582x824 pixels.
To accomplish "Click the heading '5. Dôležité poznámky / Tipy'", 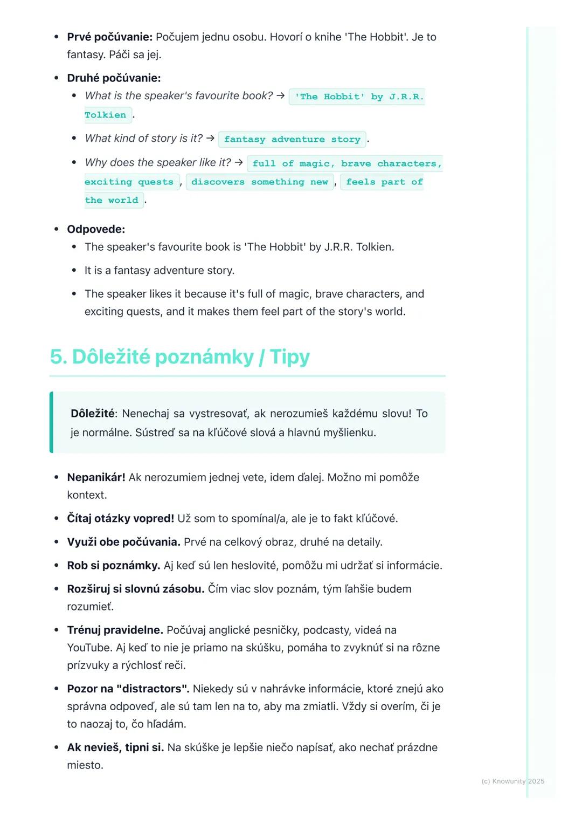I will pos(180,357).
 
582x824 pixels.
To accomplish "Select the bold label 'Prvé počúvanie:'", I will pos(109,37).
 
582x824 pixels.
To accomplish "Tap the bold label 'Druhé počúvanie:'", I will pos(114,78).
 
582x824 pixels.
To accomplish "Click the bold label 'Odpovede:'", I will pos(96,229).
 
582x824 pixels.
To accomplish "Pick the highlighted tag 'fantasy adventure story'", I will pos(292,139).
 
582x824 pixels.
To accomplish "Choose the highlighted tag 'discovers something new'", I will pos(260,182).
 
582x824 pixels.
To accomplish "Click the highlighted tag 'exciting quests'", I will pos(129,182).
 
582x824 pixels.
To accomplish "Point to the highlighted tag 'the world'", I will pos(112,201).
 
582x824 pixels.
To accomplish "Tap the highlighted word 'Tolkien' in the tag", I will pos(106,115).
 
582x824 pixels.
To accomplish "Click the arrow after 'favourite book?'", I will pos(280,95).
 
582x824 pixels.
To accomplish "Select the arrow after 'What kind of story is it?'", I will pos(210,138).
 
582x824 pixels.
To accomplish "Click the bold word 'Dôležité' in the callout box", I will pos(92,414).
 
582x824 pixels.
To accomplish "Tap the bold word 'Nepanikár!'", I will pos(96,477).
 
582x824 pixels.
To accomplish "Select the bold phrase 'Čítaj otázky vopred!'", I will pos(120,518).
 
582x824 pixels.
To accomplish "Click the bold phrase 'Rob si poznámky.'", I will pos(113,565).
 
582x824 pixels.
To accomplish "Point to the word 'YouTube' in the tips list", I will pos(89,648).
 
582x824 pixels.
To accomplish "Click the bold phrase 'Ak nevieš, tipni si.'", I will pos(115,747).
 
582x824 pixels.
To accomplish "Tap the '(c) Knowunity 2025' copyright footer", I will pos(512,781).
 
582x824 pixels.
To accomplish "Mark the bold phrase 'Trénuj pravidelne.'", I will pos(115,630).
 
